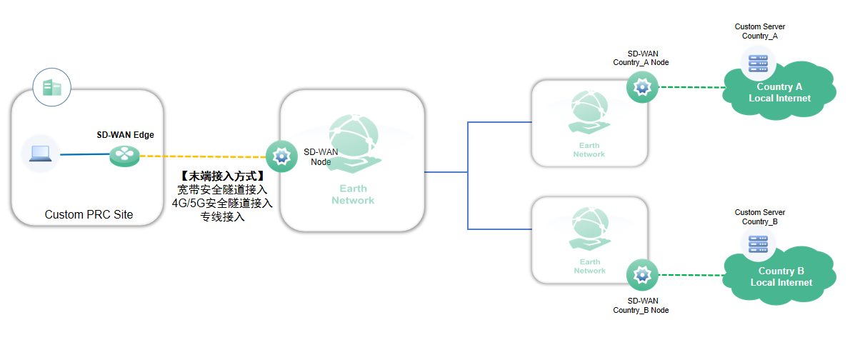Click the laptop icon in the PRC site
click(x=40, y=154)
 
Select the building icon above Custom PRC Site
click(x=51, y=88)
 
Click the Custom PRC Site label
click(x=89, y=214)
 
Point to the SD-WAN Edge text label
click(x=125, y=134)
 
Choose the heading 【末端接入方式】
click(x=222, y=176)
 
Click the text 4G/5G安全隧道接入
click(x=222, y=203)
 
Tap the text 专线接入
click(x=222, y=216)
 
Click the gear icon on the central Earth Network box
click(x=281, y=156)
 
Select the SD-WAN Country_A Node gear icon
click(x=641, y=87)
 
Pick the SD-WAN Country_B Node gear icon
click(x=641, y=275)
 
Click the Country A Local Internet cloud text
click(x=779, y=92)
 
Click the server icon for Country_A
click(x=758, y=61)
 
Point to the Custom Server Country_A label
click(x=759, y=31)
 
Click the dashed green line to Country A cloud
click(x=691, y=87)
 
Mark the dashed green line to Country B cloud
click(x=691, y=275)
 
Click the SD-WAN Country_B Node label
click(x=641, y=305)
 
